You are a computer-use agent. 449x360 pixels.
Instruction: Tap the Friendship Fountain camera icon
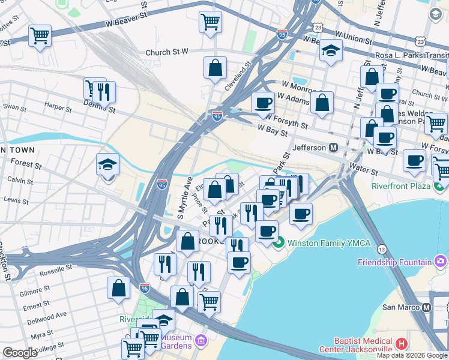coord(441,261)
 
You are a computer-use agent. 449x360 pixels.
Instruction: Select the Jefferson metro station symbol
coord(333,147)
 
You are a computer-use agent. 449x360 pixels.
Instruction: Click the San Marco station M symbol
coord(427,307)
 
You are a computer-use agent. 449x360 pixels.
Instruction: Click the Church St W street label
coord(167,53)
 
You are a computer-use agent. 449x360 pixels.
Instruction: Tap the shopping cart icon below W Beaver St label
coord(210,22)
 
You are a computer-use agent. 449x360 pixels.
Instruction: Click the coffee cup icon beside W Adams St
coord(263,103)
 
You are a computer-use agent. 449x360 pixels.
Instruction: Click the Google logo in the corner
coord(20,353)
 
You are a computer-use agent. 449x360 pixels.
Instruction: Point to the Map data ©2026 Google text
coord(412,355)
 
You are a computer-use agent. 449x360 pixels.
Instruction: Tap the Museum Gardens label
coord(176,341)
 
